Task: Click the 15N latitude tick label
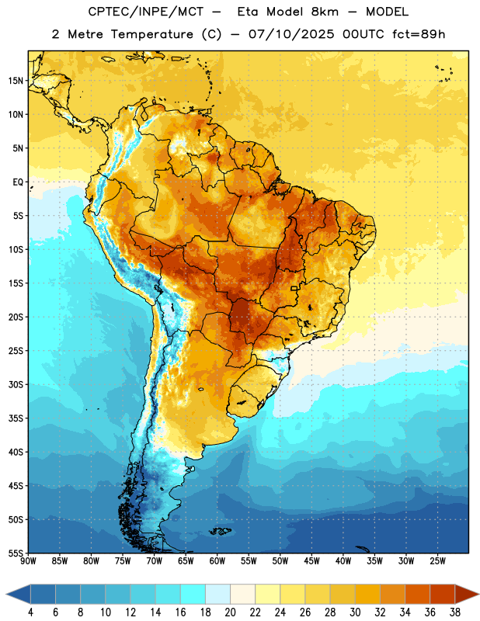pos(16,81)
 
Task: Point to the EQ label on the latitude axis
pos(18,182)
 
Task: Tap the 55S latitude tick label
pos(16,553)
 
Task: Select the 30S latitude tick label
pos(16,384)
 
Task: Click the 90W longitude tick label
pos(28,560)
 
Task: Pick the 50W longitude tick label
pos(280,560)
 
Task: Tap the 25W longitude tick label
pos(437,560)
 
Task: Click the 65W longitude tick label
pos(186,560)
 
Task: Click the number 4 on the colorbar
pos(30,612)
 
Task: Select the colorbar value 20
pos(230,612)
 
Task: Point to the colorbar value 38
pos(455,612)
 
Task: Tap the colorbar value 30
pos(355,612)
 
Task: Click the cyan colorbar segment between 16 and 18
pos(193,594)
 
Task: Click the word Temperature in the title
pos(152,34)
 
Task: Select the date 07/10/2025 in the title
pos(291,34)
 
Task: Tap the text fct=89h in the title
pos(419,34)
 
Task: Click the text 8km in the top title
pos(325,12)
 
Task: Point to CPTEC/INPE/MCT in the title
pos(146,12)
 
